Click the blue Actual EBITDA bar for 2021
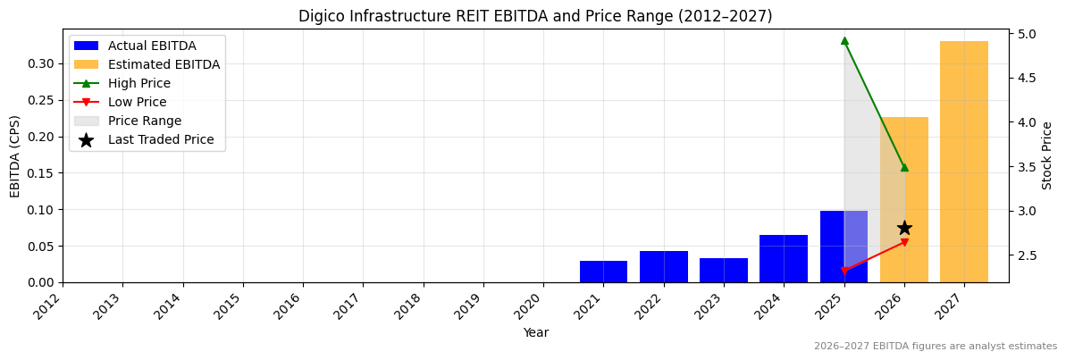coord(603,272)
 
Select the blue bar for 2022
coord(663,267)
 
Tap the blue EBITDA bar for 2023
coord(723,271)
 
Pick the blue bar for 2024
coord(783,259)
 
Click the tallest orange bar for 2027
coord(963,162)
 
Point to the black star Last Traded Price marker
coord(904,228)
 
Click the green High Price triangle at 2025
coord(844,40)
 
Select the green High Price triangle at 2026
coord(904,167)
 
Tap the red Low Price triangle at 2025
coord(844,271)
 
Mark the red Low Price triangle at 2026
coord(904,242)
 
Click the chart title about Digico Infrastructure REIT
coord(534,16)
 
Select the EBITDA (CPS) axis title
coord(15,155)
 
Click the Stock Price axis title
coord(1047,155)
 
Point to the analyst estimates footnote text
coord(935,347)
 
